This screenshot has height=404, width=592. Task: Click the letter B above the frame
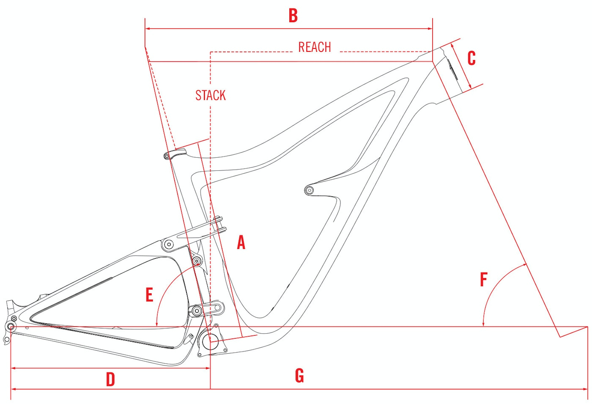(x=293, y=16)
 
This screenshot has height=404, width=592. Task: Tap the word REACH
(x=314, y=47)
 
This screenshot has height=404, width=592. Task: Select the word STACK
(x=211, y=95)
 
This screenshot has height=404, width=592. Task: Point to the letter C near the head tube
(x=471, y=58)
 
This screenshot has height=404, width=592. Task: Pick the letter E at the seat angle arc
(x=149, y=295)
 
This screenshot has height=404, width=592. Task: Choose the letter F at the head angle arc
(x=484, y=280)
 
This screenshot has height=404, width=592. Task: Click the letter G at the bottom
(x=299, y=376)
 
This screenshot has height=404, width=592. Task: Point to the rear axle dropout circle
(x=11, y=327)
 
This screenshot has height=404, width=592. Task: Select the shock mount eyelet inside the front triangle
(x=309, y=190)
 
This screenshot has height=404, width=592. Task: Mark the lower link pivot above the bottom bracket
(x=196, y=310)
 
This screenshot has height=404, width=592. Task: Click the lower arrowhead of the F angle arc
(x=483, y=324)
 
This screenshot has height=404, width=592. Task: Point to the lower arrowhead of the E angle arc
(x=157, y=324)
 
